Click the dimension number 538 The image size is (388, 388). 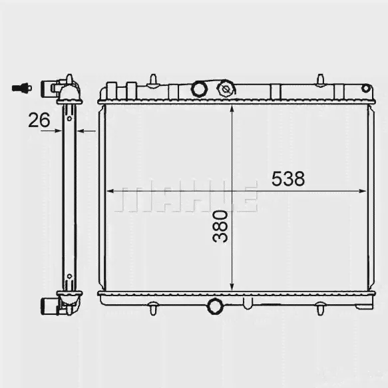[288, 178]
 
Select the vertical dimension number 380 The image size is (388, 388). [220, 226]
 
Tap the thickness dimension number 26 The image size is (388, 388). [39, 120]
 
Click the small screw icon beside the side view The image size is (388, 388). [22, 88]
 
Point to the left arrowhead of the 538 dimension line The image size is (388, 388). [110, 191]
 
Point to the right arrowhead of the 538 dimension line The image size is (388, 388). [362, 191]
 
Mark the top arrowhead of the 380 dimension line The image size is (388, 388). [232, 108]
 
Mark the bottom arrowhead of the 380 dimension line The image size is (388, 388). [232, 287]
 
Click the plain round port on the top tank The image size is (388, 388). [200, 89]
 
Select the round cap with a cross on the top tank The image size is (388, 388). [226, 89]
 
